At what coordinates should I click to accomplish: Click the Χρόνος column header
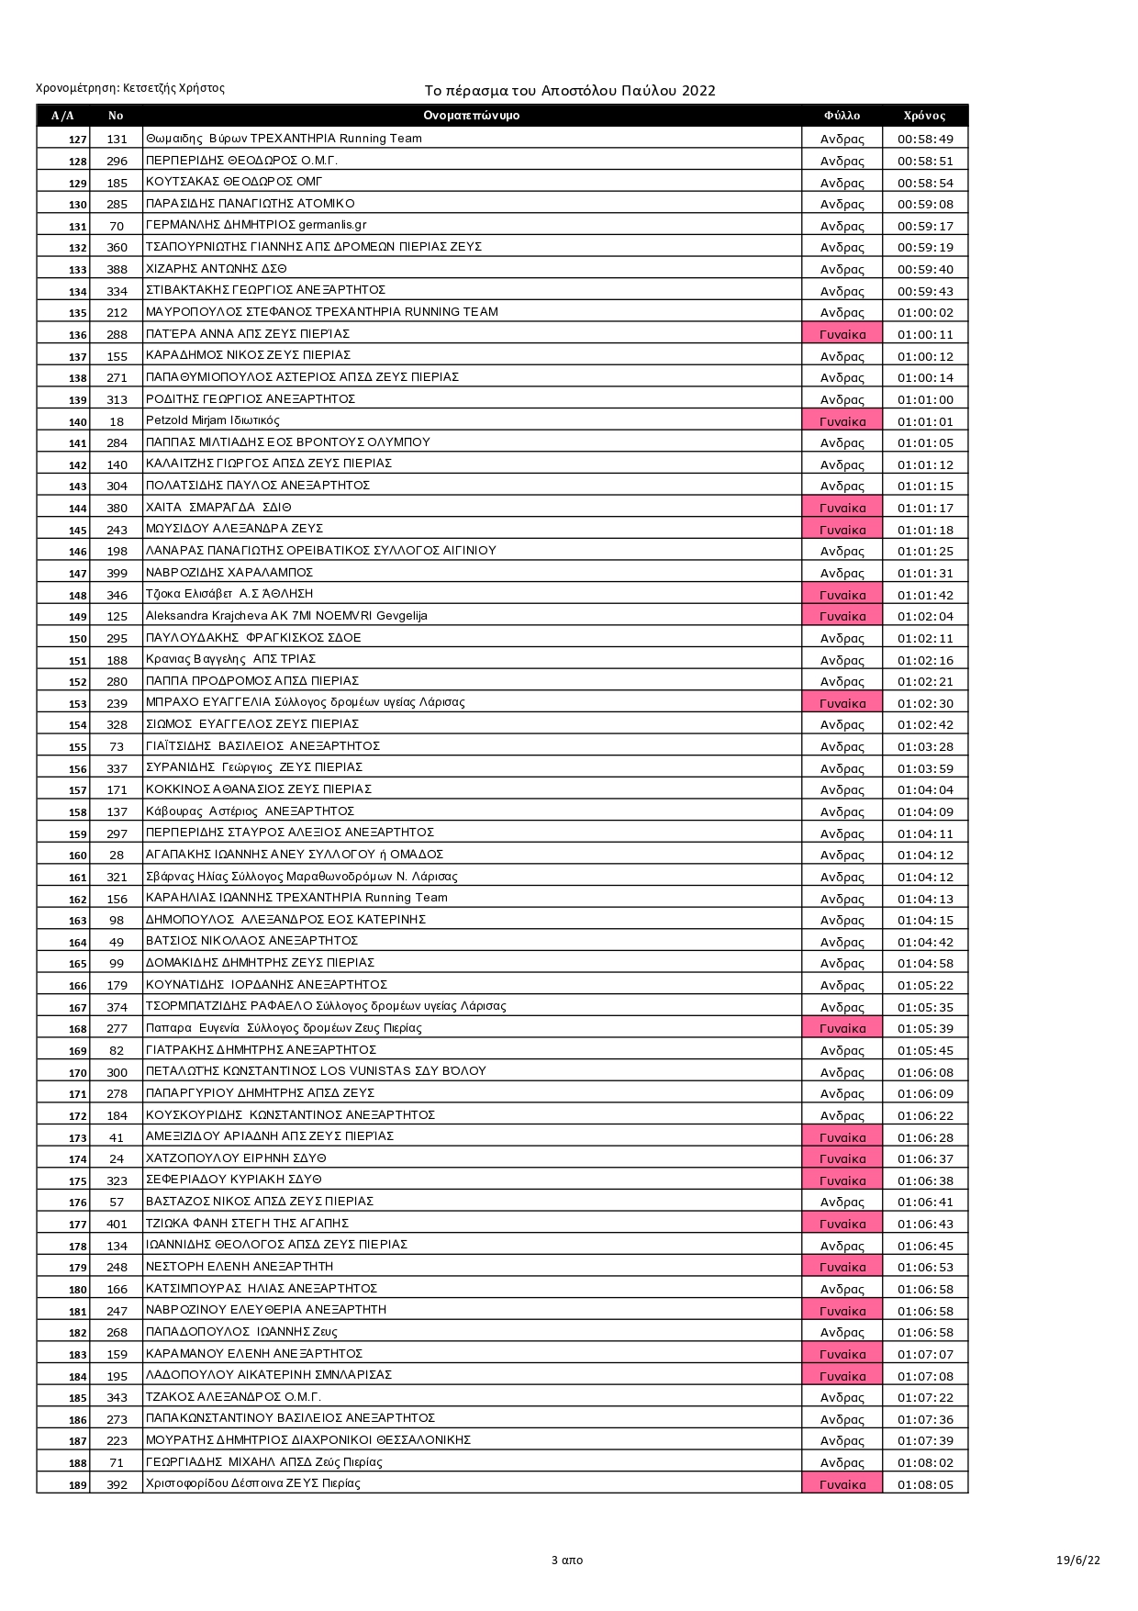[x=924, y=116]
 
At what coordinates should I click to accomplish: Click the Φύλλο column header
[x=842, y=116]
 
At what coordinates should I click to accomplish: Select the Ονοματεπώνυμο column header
[x=472, y=116]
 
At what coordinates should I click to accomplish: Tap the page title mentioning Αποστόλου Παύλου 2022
[x=570, y=91]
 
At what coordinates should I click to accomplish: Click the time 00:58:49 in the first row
[x=925, y=140]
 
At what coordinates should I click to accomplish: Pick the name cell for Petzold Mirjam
[x=213, y=420]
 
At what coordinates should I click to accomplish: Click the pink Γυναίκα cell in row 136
[x=842, y=334]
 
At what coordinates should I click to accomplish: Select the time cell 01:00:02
[x=925, y=312]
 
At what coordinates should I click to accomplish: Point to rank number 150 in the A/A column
[x=78, y=639]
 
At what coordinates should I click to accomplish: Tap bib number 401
[x=117, y=1224]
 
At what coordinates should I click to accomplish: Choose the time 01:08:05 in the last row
[x=925, y=1484]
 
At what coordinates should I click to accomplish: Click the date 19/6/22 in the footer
[x=1077, y=1560]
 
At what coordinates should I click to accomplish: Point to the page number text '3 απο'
[x=566, y=1560]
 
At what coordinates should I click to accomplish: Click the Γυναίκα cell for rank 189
[x=842, y=1484]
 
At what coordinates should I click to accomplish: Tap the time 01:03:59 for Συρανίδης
[x=925, y=768]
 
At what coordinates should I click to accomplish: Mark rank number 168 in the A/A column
[x=78, y=1029]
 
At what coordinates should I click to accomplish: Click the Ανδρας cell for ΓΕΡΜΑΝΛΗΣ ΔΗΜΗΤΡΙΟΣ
[x=842, y=226]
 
